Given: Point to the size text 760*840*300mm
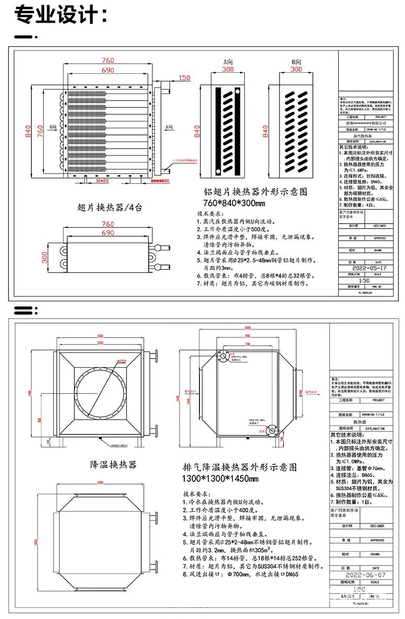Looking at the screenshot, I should coord(234,203).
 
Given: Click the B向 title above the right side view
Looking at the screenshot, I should coord(296,61).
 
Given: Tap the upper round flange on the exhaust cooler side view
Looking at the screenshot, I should coord(223,357).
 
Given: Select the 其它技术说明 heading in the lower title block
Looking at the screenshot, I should coord(349,434).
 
